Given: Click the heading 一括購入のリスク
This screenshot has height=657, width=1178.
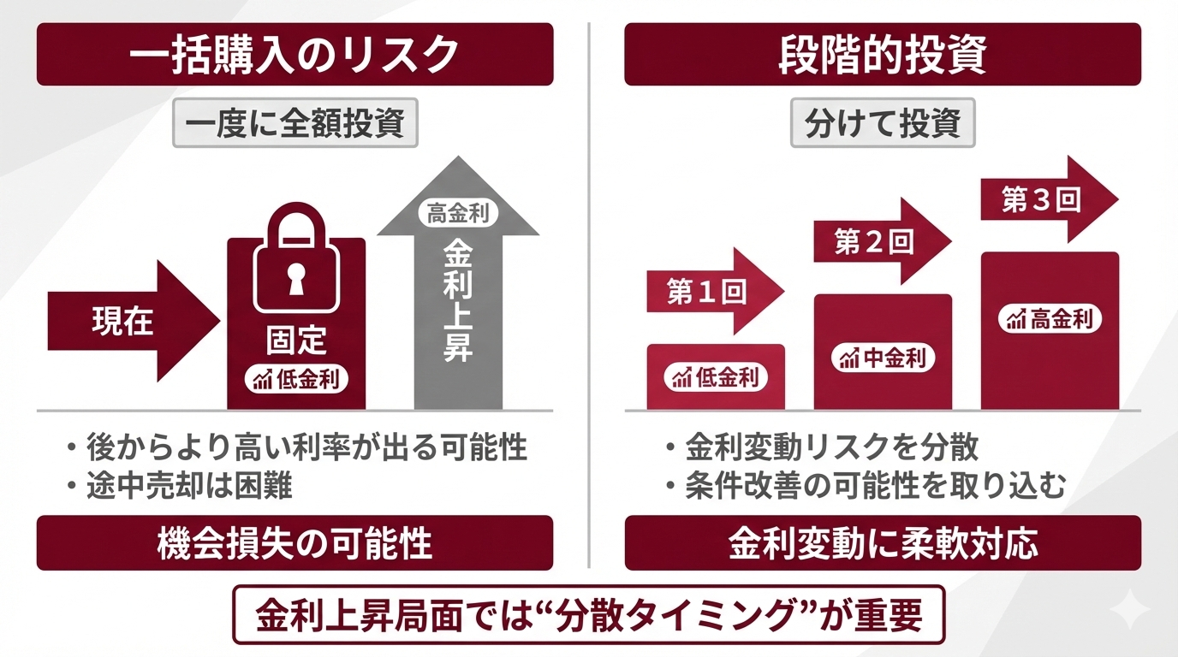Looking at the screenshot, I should click(x=294, y=54).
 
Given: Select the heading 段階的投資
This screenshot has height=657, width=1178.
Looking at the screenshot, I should click(x=883, y=54).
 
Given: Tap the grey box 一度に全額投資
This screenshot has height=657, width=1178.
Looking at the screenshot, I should click(x=294, y=124).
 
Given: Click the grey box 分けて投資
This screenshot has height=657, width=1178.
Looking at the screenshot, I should click(x=883, y=124).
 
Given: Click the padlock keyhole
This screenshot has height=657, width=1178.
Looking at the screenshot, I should click(x=295, y=279).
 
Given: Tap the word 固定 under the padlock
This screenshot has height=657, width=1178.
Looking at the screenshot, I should click(x=295, y=340).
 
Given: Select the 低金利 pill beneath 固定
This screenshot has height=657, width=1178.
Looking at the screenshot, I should click(x=296, y=380).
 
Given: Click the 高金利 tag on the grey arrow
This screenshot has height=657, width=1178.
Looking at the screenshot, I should click(x=457, y=213).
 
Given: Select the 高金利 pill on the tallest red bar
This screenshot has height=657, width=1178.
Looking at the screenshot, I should click(x=1050, y=319).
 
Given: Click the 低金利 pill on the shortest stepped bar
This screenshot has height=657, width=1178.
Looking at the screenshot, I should click(x=716, y=376).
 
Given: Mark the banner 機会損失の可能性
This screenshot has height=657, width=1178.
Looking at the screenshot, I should click(x=294, y=543).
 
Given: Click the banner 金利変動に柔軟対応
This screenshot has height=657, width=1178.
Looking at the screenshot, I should click(x=883, y=543).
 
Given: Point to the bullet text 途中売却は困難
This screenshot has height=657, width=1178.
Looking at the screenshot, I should click(x=189, y=486).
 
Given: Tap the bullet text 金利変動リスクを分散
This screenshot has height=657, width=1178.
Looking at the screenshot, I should click(x=832, y=447).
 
